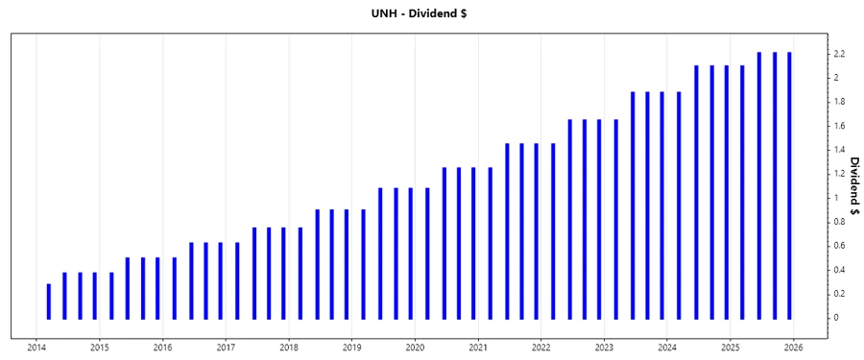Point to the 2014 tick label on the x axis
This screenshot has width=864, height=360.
(x=36, y=348)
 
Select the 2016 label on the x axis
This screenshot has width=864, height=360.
(x=163, y=348)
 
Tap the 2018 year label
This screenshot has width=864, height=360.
(x=289, y=348)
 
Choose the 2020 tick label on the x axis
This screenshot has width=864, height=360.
(x=415, y=348)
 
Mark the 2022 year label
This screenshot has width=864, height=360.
(x=541, y=348)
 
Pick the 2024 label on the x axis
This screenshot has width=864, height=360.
(x=667, y=348)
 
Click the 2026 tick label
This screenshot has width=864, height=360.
(x=793, y=348)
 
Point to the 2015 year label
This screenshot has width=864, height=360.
(x=100, y=348)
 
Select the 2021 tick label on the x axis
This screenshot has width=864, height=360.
(x=478, y=348)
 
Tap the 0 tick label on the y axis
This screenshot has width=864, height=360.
(x=836, y=318)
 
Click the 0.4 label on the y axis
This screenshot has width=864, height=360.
(x=839, y=270)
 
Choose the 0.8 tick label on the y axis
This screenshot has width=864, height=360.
(x=839, y=222)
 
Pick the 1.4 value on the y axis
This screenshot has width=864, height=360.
(x=839, y=150)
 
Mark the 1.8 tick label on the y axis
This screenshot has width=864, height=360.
(x=839, y=102)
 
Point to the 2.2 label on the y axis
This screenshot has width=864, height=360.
(x=839, y=54)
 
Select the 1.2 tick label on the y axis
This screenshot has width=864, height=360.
(x=839, y=174)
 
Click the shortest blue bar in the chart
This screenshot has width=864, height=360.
(x=49, y=301)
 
